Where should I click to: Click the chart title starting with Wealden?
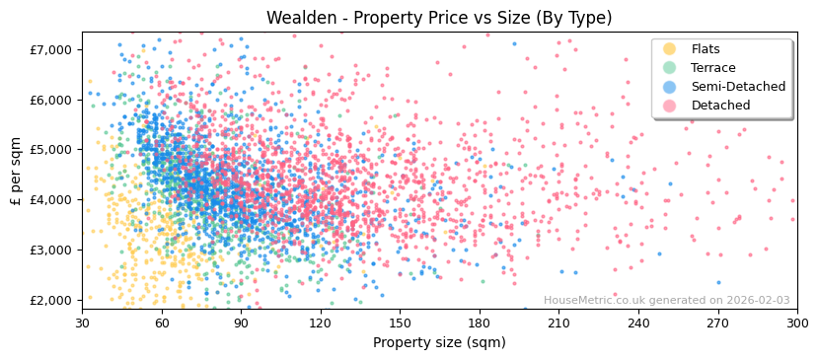(439, 18)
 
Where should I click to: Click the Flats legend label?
(706, 49)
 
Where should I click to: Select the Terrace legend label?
(712, 68)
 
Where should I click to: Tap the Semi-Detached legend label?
(738, 87)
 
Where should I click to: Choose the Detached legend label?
(719, 106)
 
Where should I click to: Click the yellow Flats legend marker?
(670, 49)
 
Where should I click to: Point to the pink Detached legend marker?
(670, 106)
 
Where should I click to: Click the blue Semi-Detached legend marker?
(670, 87)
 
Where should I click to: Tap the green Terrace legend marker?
(670, 68)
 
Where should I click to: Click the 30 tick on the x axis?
(82, 323)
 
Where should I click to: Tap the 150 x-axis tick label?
(400, 323)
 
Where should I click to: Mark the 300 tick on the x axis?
(796, 323)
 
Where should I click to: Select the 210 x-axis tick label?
(558, 323)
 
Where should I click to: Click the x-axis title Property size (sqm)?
(439, 342)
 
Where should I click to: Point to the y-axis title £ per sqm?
(16, 171)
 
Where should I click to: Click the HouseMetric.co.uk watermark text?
(666, 301)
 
